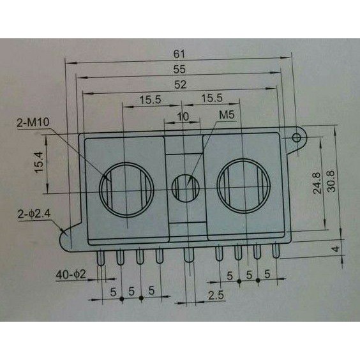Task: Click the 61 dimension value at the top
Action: click(x=179, y=54)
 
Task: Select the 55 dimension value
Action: click(x=179, y=70)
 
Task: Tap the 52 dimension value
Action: click(x=180, y=85)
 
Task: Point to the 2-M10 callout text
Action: click(x=33, y=123)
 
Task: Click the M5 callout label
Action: click(x=227, y=115)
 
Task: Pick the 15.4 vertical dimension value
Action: click(x=39, y=161)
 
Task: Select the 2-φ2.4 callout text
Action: click(x=34, y=214)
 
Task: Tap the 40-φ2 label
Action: click(x=71, y=274)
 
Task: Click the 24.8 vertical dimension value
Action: click(x=317, y=183)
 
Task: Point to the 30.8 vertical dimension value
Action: click(x=331, y=181)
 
